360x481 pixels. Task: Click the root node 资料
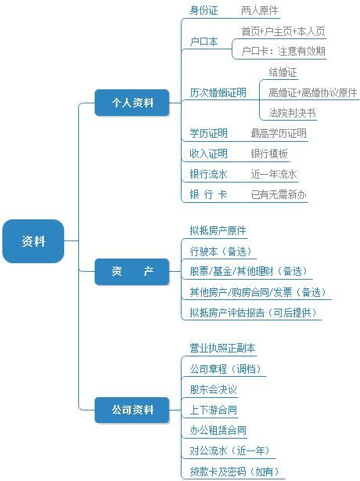pos(33,241)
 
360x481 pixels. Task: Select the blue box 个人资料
pos(131,103)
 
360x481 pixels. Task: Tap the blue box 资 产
pos(131,272)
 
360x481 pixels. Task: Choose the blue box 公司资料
pos(131,410)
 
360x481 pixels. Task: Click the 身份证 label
pos(203,10)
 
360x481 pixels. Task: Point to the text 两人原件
pos(260,10)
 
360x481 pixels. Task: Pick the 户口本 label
pos(203,41)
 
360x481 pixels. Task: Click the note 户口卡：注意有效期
pos(283,51)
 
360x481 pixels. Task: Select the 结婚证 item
pos(283,72)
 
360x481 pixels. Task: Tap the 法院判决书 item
pos(292,113)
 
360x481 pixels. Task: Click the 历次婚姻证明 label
pos(218,92)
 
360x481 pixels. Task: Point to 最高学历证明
pos(279,133)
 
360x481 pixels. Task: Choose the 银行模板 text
pos(269,154)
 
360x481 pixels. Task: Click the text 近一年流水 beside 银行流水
pos(274,174)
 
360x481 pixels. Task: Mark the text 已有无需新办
pos(279,194)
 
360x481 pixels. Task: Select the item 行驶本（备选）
pos(221,251)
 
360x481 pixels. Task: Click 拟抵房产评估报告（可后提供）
pos(253,313)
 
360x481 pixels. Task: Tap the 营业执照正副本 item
pos(222,348)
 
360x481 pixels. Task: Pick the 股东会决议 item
pos(213,389)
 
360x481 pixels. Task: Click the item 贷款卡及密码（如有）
pos(235,471)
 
